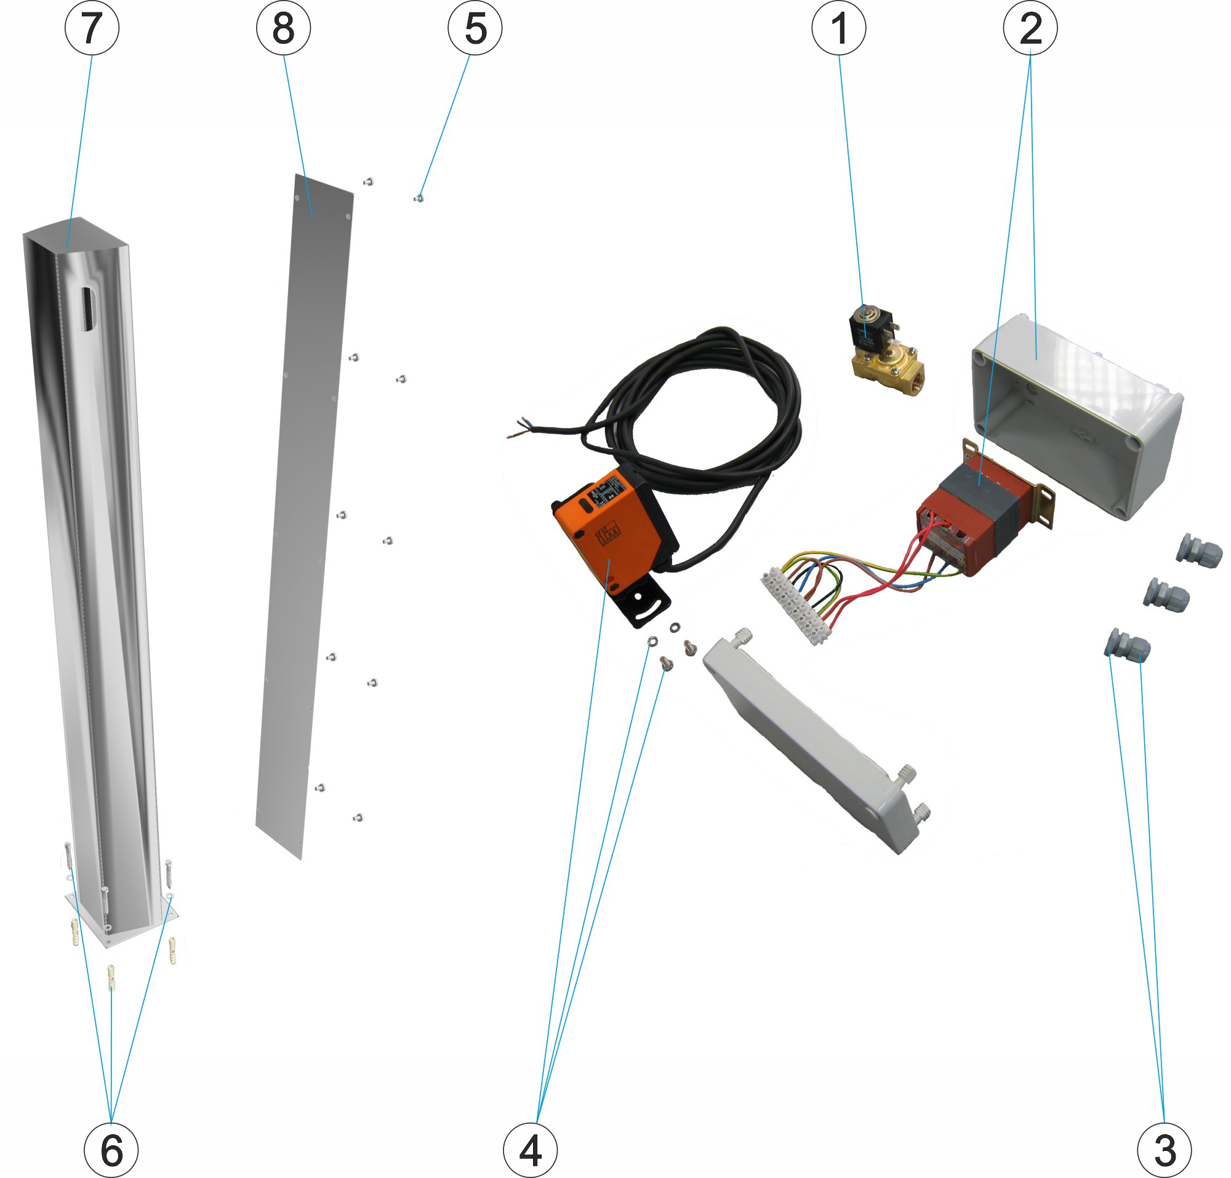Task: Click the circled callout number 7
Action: pyautogui.click(x=92, y=28)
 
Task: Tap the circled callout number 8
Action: pyautogui.click(x=283, y=28)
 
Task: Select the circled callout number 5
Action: pyautogui.click(x=475, y=28)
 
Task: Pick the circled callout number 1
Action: pyautogui.click(x=839, y=28)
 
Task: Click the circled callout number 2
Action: pyautogui.click(x=1030, y=28)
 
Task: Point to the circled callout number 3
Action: pyautogui.click(x=1165, y=1150)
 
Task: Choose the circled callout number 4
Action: pyautogui.click(x=530, y=1150)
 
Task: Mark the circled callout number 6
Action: pyautogui.click(x=111, y=1150)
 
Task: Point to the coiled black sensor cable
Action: pyautogui.click(x=703, y=402)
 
